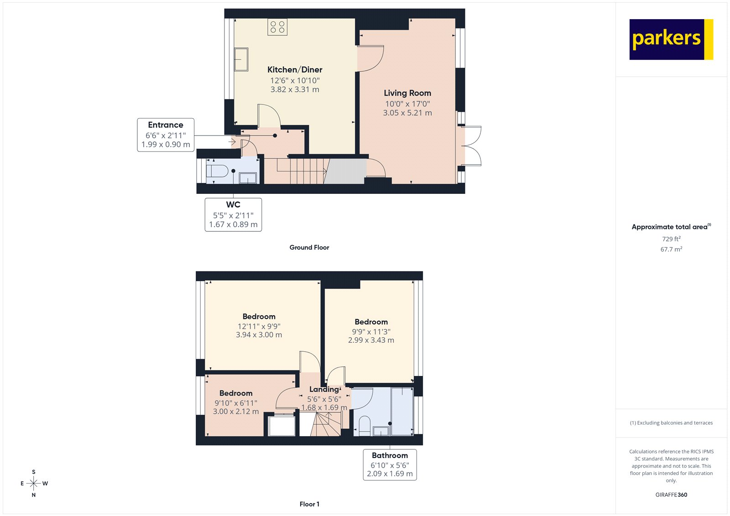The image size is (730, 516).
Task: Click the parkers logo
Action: (671, 39)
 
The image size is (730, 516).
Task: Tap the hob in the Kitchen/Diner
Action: (277, 27)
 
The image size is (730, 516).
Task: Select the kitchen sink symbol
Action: (241, 60)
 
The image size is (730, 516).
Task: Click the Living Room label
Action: (407, 93)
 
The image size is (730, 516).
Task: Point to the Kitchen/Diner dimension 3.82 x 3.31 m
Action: (295, 89)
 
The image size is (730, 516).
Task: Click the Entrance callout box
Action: (166, 135)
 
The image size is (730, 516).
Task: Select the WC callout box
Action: (233, 214)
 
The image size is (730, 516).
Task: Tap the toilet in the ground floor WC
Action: (217, 172)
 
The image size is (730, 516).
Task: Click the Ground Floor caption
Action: (309, 247)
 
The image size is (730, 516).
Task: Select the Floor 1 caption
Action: (309, 504)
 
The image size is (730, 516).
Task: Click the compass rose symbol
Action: (34, 483)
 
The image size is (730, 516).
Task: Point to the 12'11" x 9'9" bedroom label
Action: (259, 317)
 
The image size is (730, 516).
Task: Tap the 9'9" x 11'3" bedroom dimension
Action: (371, 332)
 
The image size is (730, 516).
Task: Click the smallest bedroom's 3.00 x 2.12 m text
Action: (235, 412)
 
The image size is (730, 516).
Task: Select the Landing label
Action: (324, 389)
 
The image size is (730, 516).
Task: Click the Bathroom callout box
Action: (390, 464)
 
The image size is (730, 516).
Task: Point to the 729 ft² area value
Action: (671, 239)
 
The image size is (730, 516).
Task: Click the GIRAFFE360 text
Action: (671, 495)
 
